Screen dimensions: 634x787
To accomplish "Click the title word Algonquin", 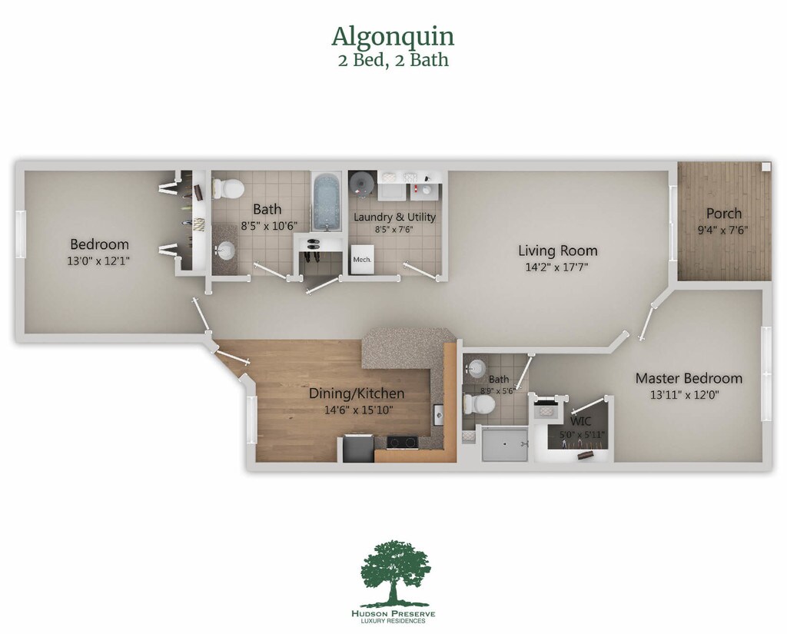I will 393,36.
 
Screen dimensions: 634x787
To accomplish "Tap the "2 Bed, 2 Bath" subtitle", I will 393,60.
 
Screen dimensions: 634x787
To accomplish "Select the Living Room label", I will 557,251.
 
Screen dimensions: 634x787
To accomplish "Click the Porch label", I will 724,213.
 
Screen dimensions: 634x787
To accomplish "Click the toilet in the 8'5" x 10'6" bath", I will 227,188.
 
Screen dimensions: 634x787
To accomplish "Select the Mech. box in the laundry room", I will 362,259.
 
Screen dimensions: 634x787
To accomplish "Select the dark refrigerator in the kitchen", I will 357,449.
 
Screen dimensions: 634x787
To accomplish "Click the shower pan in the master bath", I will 505,444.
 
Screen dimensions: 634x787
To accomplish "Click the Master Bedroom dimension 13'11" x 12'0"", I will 688,395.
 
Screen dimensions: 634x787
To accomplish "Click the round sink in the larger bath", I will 225,249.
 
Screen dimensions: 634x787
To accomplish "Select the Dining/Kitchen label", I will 357,393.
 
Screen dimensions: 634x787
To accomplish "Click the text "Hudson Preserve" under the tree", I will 393,613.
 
